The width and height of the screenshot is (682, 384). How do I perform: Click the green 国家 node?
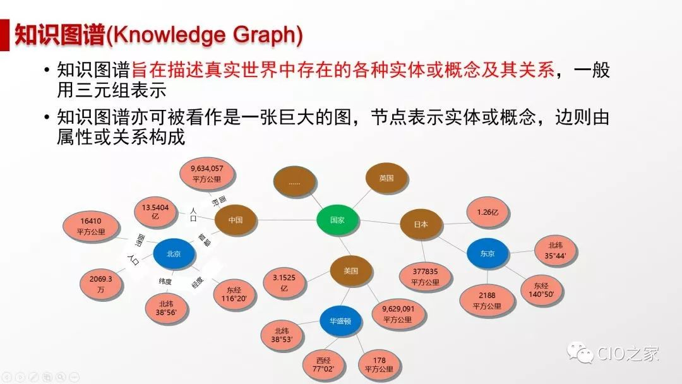pos(337,220)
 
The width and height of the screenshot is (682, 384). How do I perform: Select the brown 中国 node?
pos(236,220)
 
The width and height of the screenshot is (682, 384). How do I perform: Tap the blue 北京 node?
pos(174,253)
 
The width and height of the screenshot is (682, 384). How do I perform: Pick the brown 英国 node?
pos(386,178)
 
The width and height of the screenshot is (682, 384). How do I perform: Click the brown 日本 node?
pos(421,224)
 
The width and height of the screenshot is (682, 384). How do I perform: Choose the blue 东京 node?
pos(487,253)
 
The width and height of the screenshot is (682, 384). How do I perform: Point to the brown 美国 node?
pos(350,271)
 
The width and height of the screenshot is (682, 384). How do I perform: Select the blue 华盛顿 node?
pos(340,321)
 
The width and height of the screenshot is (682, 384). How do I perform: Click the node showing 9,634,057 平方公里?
pos(207,174)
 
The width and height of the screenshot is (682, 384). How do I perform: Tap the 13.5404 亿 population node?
pos(155,212)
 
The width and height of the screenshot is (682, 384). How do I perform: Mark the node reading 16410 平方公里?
pos(90,226)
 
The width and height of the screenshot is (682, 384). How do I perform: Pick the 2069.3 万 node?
pos(101,284)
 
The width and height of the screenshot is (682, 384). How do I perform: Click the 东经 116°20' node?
pos(234,294)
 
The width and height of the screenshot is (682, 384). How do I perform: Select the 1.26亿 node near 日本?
pos(487,213)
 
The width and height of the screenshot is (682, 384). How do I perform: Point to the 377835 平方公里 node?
pos(425,277)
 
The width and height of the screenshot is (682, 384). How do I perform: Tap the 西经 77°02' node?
pos(323,364)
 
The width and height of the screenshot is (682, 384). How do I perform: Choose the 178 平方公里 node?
pos(379,364)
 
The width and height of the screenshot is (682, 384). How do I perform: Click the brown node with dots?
pos(294,183)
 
